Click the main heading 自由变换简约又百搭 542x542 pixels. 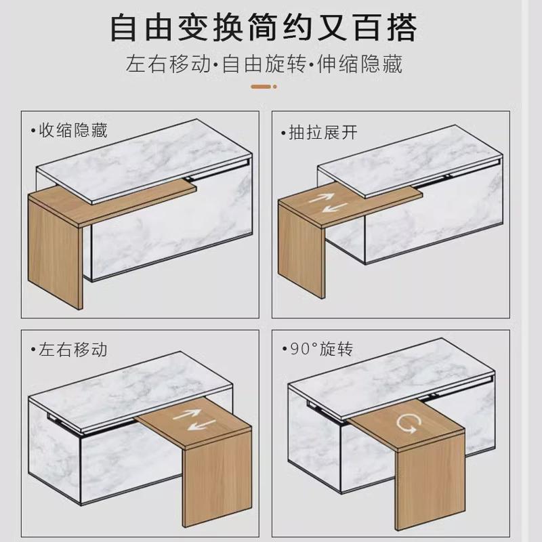[264, 29]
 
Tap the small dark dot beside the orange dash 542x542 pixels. [276, 87]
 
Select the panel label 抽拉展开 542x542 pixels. [323, 131]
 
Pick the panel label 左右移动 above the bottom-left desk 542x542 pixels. [72, 350]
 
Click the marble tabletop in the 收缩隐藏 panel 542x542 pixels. [142, 156]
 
